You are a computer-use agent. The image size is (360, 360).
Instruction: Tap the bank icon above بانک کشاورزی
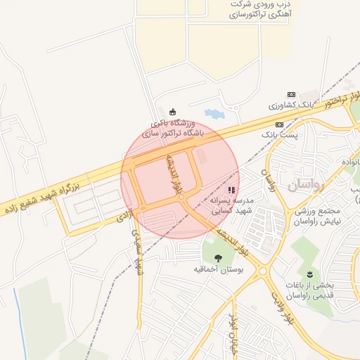click(291, 94)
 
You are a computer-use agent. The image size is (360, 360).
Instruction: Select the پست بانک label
click(280, 134)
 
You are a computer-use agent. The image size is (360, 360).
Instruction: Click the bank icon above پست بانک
click(279, 124)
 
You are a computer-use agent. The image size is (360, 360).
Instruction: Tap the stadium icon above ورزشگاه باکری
click(173, 111)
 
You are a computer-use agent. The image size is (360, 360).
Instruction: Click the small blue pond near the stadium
click(213, 112)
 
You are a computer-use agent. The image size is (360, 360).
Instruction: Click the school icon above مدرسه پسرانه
click(231, 191)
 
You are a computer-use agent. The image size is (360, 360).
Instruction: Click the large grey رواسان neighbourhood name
click(307, 186)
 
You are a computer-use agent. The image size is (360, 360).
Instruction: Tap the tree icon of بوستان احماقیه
click(217, 257)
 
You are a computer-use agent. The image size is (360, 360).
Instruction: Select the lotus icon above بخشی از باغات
click(308, 273)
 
